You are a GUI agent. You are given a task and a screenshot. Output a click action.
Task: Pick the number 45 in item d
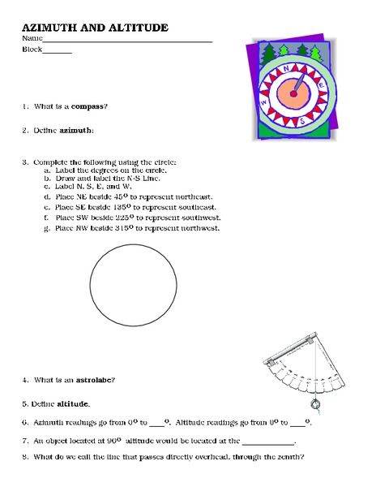click(x=119, y=196)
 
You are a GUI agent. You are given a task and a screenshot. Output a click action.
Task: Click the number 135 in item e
click(x=121, y=207)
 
